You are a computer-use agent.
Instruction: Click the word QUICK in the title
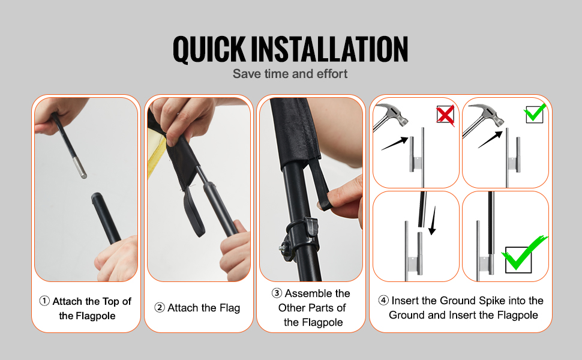point(209,49)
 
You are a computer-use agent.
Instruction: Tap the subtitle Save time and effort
point(290,74)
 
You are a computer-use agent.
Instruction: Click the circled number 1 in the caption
point(44,301)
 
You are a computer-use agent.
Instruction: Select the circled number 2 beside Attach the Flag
point(159,307)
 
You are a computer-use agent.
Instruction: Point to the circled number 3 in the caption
point(277,293)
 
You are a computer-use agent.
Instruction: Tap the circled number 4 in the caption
point(383,300)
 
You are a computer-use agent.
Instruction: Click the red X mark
point(445,115)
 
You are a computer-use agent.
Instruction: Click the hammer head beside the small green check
point(487,115)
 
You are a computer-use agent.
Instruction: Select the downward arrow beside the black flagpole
point(433,220)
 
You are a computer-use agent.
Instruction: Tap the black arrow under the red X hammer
point(395,143)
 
